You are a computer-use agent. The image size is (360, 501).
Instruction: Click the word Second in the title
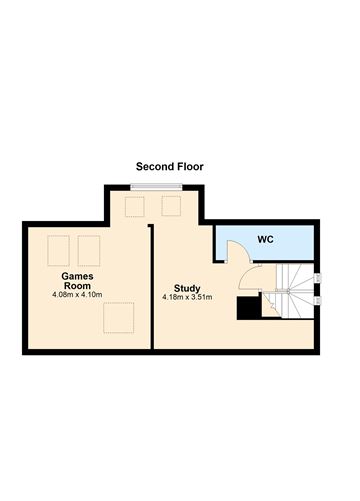tap(156, 167)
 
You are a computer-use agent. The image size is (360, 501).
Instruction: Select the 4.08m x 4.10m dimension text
tap(77, 295)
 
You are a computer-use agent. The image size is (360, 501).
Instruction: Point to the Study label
tap(186, 287)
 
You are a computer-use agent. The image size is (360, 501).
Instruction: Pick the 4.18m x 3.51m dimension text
tap(187, 297)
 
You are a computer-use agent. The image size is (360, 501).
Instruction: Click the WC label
tap(265, 240)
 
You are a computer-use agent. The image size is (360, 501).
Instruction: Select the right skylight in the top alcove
tap(171, 207)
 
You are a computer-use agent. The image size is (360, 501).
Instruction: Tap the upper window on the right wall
tap(319, 278)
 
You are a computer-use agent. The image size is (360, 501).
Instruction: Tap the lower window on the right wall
tap(319, 294)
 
